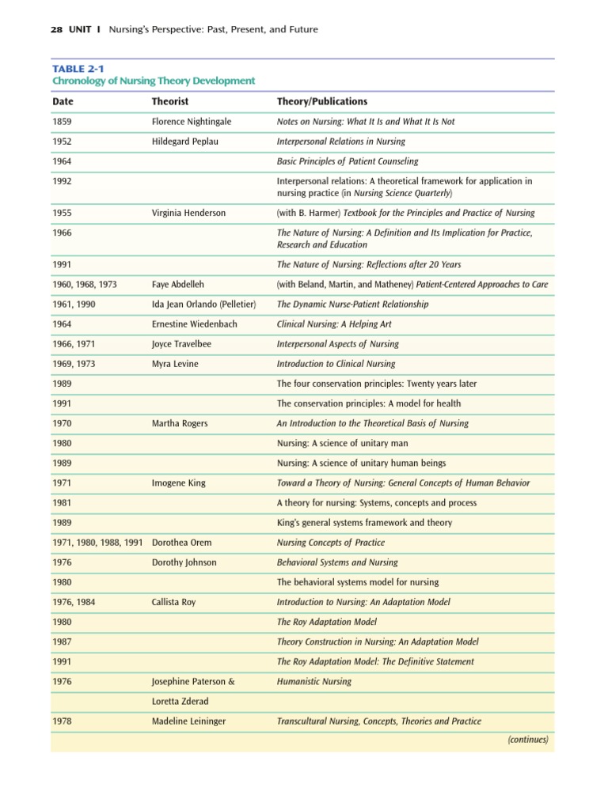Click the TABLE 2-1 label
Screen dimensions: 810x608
78,69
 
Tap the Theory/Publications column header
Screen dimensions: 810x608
321,102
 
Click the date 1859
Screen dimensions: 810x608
62,122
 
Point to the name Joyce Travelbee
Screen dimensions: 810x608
183,344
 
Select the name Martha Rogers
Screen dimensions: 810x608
180,423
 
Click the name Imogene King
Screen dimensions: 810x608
179,483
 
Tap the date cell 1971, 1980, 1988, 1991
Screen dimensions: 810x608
97,543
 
